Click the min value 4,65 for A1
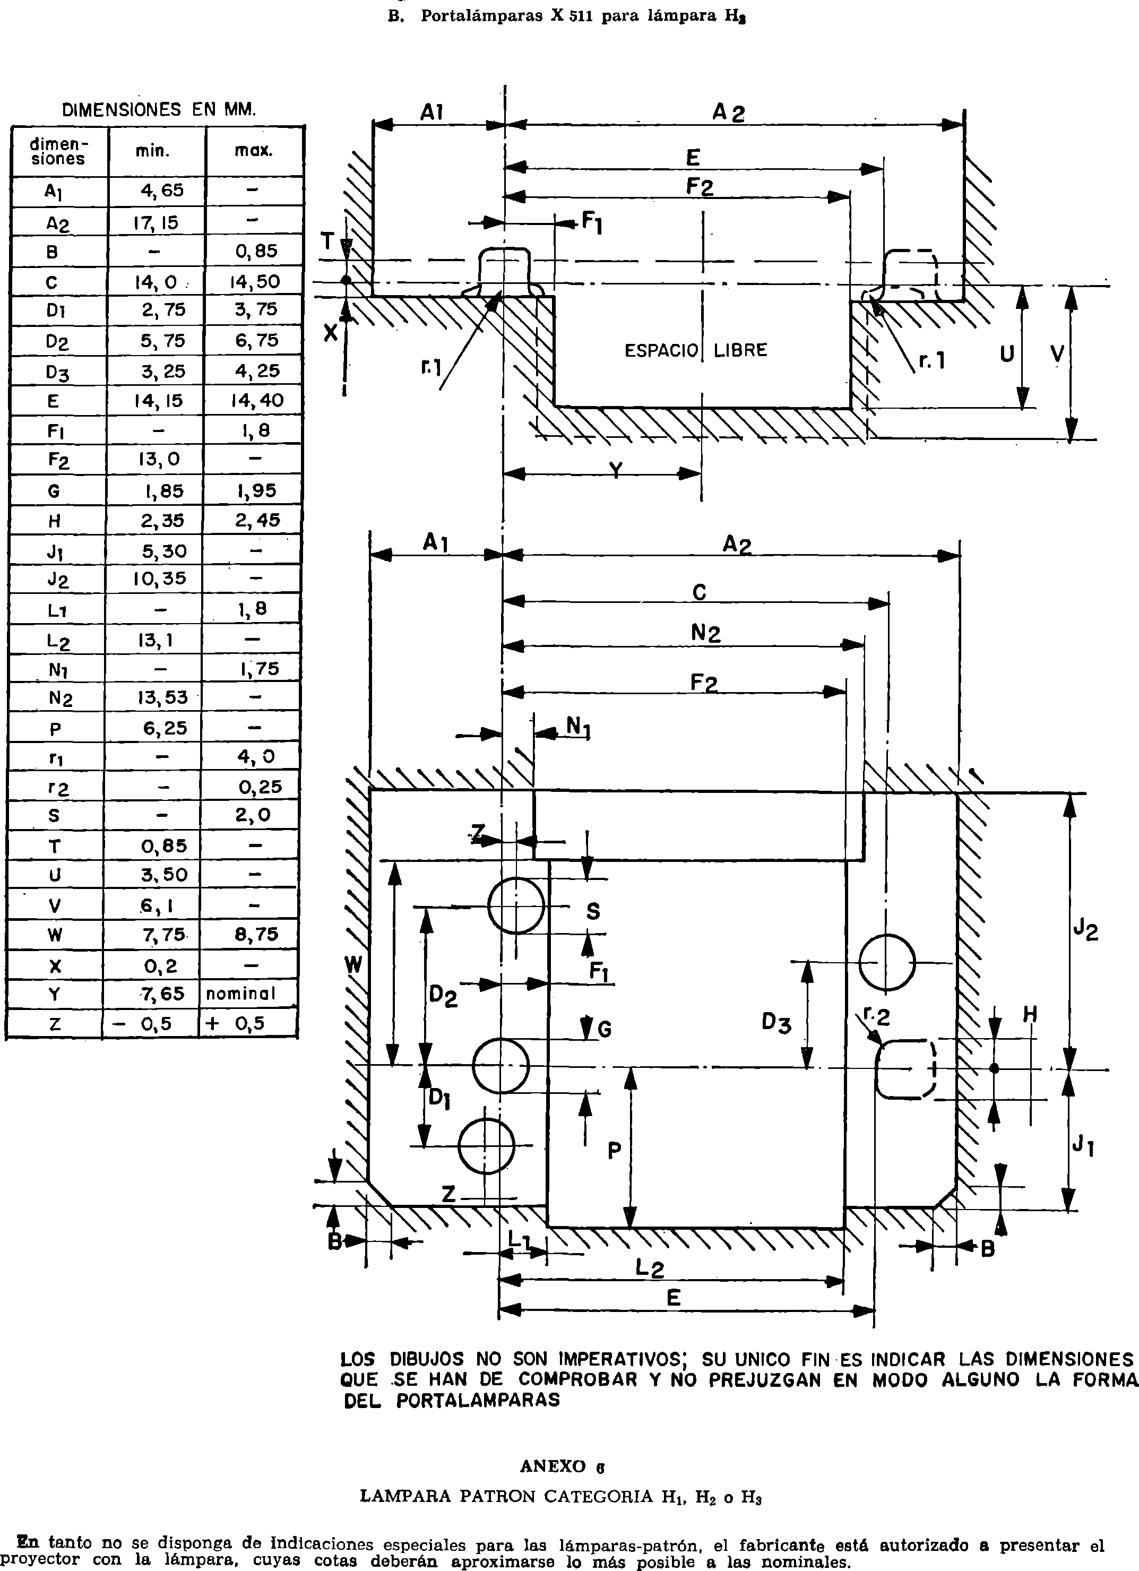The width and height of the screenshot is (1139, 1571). click(162, 191)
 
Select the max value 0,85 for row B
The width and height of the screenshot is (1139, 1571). click(256, 252)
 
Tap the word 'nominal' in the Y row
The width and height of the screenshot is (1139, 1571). click(240, 994)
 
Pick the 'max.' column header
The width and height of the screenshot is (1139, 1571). click(254, 150)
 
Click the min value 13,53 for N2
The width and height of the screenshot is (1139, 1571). click(161, 697)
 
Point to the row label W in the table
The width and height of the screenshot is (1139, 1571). click(55, 935)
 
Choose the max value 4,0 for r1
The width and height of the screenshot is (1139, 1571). click(256, 756)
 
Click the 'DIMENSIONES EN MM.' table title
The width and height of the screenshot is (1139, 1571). click(159, 109)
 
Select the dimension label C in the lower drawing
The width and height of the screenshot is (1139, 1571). click(700, 593)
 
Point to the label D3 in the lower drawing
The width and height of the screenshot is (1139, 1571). click(776, 1022)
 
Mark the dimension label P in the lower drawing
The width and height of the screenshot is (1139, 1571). click(615, 1151)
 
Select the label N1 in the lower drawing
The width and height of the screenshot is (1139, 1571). click(579, 727)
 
